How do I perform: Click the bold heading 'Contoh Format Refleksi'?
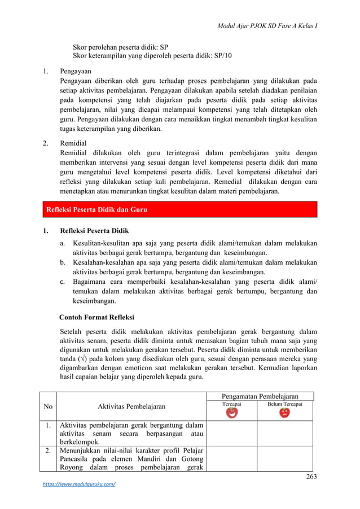(x=96, y=317)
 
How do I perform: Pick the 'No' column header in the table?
(x=49, y=406)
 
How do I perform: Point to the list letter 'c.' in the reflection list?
(x=64, y=281)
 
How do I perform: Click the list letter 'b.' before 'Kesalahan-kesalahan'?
(x=64, y=262)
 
